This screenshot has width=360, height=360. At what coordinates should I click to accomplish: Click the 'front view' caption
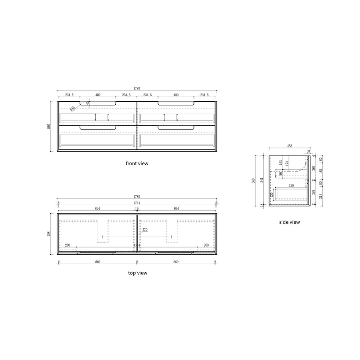coord(137,164)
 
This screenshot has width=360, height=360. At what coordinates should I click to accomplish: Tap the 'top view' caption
coord(137,273)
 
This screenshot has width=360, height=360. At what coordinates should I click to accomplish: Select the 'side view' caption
coord(289,222)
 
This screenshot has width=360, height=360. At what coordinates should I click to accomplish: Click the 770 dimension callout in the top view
coord(145,230)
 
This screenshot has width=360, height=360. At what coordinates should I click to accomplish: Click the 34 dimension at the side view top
coord(308,151)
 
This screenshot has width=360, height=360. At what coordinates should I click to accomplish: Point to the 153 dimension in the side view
coord(280,162)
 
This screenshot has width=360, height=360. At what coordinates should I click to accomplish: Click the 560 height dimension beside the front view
coord(49,126)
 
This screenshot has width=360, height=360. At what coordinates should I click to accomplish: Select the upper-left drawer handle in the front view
coord(98,104)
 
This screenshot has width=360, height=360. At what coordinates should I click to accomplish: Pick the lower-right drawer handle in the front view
coord(176,128)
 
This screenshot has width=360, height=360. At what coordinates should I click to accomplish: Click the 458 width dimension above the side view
coord(290,146)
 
